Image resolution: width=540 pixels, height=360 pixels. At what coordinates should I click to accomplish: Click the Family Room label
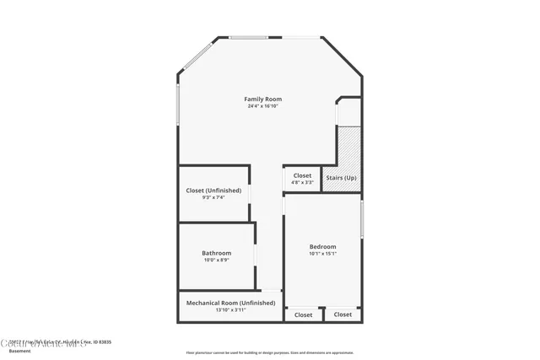263,99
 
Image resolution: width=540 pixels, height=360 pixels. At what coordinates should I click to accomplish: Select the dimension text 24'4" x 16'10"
263,106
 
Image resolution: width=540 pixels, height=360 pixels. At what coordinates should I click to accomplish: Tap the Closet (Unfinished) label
213,191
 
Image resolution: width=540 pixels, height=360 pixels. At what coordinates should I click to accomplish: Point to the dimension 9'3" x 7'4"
213,197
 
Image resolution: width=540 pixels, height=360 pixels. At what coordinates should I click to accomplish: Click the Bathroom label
216,253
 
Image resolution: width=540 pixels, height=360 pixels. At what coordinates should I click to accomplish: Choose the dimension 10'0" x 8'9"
216,260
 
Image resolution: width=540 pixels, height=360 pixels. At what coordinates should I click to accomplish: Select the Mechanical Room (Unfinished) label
230,303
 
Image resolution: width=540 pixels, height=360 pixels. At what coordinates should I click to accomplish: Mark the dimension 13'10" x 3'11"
230,309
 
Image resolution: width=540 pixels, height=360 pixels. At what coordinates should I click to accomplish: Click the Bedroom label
322,246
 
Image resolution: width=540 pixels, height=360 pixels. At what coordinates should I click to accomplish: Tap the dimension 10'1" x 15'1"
322,253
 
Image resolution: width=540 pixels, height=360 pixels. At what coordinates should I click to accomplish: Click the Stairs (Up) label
341,178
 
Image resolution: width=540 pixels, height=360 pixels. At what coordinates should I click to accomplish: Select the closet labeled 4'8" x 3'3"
302,179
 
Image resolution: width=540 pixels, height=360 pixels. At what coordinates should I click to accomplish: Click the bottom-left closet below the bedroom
304,314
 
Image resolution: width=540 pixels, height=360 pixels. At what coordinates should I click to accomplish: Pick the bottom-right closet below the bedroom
343,314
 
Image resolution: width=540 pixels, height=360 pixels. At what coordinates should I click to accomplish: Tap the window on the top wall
250,36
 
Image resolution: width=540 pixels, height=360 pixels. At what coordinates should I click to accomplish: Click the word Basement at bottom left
19,351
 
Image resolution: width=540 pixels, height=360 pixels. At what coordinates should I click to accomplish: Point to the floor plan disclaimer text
269,352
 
